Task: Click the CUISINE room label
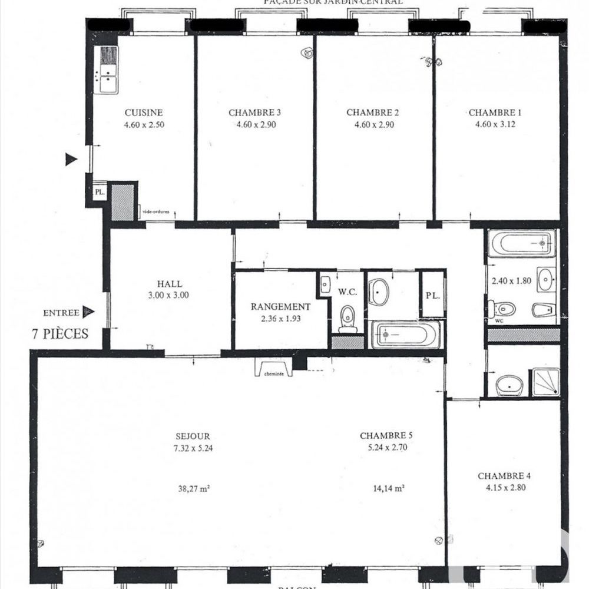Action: [x=143, y=112]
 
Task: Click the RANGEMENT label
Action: [x=280, y=307]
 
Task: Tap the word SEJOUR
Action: [x=192, y=436]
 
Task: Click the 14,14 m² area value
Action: [x=388, y=488]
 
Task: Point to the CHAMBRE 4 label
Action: [x=499, y=476]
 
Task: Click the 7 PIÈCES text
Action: [x=60, y=334]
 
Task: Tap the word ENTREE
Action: [x=62, y=313]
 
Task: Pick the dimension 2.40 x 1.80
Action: [x=511, y=281]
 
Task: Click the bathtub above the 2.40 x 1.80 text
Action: [x=522, y=243]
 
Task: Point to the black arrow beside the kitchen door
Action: [x=71, y=158]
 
